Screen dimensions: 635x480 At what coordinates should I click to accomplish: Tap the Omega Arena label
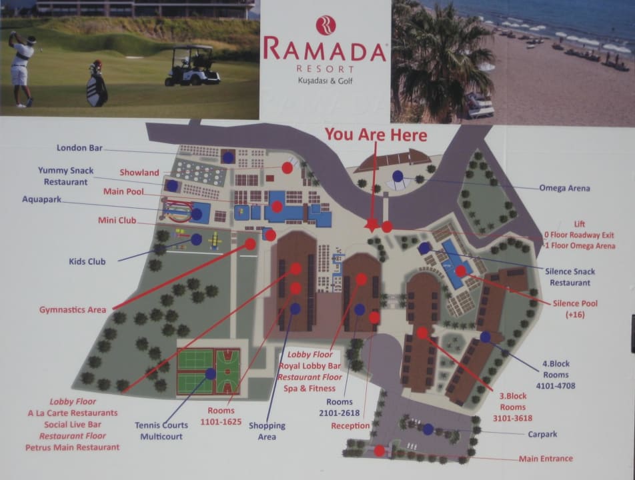click(x=564, y=188)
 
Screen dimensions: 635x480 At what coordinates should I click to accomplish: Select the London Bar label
click(x=79, y=148)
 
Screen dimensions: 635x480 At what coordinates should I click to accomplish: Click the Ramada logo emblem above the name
click(x=326, y=25)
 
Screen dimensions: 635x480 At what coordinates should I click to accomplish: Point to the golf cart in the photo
click(x=192, y=65)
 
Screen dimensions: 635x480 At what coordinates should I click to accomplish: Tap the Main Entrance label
click(x=546, y=459)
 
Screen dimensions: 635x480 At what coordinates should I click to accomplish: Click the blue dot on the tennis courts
click(x=211, y=374)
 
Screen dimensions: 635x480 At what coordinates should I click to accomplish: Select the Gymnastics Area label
click(x=73, y=310)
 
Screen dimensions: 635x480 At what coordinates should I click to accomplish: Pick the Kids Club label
click(x=87, y=262)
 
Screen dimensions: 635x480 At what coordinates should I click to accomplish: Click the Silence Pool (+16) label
click(x=575, y=309)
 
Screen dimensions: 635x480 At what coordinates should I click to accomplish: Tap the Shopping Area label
click(x=267, y=430)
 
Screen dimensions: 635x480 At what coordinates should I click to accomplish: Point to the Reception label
click(x=350, y=425)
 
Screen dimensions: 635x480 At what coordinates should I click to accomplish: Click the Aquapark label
click(x=43, y=199)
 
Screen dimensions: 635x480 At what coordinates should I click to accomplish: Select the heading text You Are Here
click(x=376, y=135)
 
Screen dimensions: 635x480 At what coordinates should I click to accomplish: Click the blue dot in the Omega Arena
click(x=398, y=176)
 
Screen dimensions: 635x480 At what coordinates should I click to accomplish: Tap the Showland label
click(x=139, y=173)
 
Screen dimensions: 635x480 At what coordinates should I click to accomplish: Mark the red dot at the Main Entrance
click(x=379, y=451)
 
